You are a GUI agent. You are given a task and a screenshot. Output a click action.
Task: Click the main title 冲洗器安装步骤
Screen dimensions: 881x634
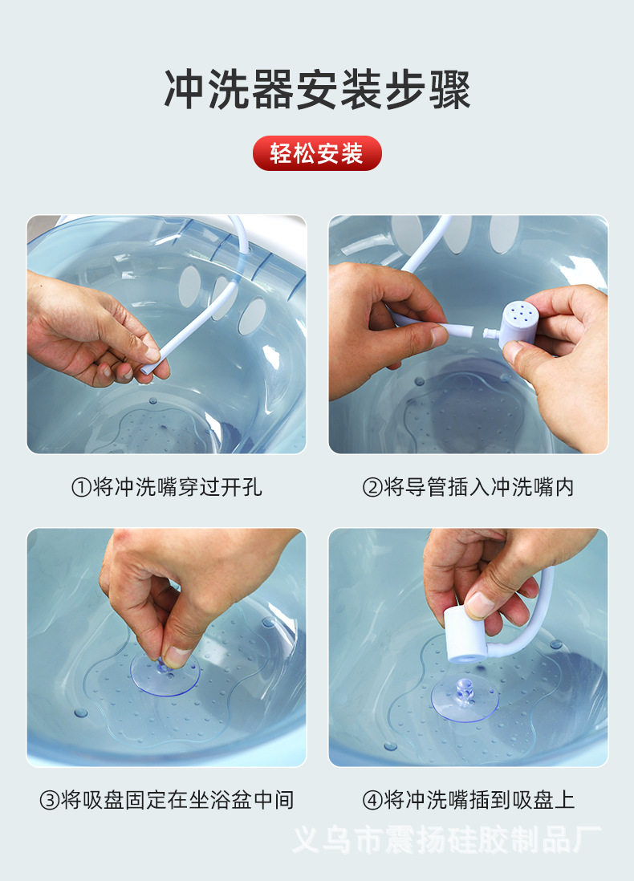[317, 89]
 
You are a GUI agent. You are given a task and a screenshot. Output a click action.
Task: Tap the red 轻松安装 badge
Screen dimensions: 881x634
[317, 153]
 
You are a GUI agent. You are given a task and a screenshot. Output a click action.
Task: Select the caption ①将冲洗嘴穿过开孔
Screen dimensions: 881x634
[167, 487]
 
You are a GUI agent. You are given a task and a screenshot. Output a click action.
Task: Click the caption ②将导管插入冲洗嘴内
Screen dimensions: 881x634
[468, 487]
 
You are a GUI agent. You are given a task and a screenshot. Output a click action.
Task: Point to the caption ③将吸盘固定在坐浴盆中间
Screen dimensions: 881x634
[167, 799]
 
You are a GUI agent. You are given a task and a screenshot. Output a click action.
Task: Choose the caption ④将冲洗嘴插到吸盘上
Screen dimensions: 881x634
[468, 799]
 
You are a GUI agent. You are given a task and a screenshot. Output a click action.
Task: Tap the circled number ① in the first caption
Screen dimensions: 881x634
[81, 487]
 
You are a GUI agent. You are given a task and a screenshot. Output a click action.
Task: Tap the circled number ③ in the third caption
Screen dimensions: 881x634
[49, 799]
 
